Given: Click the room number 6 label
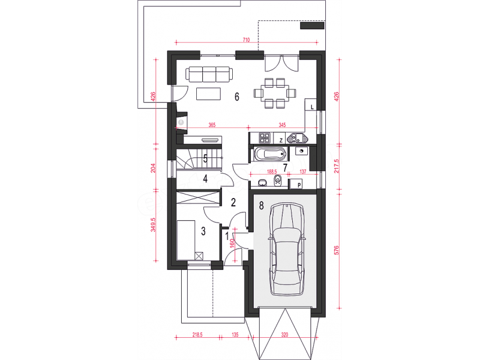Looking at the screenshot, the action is (236, 97).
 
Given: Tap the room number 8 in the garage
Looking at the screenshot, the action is (261, 205).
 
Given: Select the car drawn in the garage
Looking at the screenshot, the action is (287, 249).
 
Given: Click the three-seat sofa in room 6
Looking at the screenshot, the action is (209, 74).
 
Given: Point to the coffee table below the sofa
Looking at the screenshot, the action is (208, 94).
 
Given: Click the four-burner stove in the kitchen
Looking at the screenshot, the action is (265, 138).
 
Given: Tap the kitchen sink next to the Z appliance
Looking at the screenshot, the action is (298, 139).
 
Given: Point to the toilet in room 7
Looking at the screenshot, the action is (278, 181).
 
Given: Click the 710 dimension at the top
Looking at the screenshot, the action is (246, 40).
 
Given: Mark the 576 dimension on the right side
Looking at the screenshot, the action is (337, 250).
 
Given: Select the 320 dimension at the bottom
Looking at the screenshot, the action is (284, 335).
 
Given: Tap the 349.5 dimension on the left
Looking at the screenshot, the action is (154, 224).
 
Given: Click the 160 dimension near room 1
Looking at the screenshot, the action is (232, 243).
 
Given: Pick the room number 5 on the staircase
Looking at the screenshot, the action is (205, 158).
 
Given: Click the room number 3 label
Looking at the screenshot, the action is (203, 231).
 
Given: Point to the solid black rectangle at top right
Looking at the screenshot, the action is (312, 25).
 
